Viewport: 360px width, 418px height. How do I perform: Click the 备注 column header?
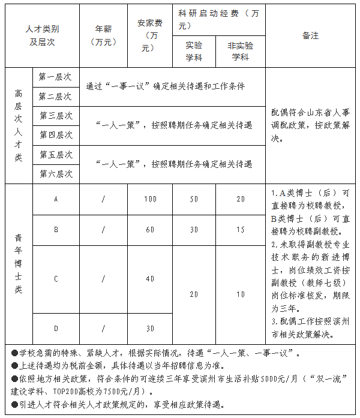point(310,36)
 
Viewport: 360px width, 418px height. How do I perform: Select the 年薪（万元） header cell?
point(103,36)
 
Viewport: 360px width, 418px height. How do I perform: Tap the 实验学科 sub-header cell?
point(194,52)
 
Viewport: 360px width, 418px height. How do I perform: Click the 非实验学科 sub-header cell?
point(240,52)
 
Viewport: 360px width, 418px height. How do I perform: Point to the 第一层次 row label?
point(55,77)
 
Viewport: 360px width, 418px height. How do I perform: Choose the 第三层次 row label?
point(56,116)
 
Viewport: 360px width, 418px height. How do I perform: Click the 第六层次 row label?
point(56,174)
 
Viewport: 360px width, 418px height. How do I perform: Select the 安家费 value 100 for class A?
point(150,199)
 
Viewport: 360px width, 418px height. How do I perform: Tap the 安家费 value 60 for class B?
point(150,230)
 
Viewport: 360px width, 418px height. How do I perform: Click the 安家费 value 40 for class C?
point(150,279)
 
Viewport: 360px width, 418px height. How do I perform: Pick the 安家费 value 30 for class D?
point(150,329)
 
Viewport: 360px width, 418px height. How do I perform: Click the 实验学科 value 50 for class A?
point(194,199)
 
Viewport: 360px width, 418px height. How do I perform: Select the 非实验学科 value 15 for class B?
point(240,230)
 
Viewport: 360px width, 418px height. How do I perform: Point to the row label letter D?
point(56,329)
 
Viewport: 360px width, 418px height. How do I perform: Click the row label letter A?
point(56,199)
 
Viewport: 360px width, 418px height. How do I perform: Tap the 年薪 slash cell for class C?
point(103,279)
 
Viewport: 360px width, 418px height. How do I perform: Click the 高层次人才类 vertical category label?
point(19,125)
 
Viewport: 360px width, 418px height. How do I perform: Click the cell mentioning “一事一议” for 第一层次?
point(165,86)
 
